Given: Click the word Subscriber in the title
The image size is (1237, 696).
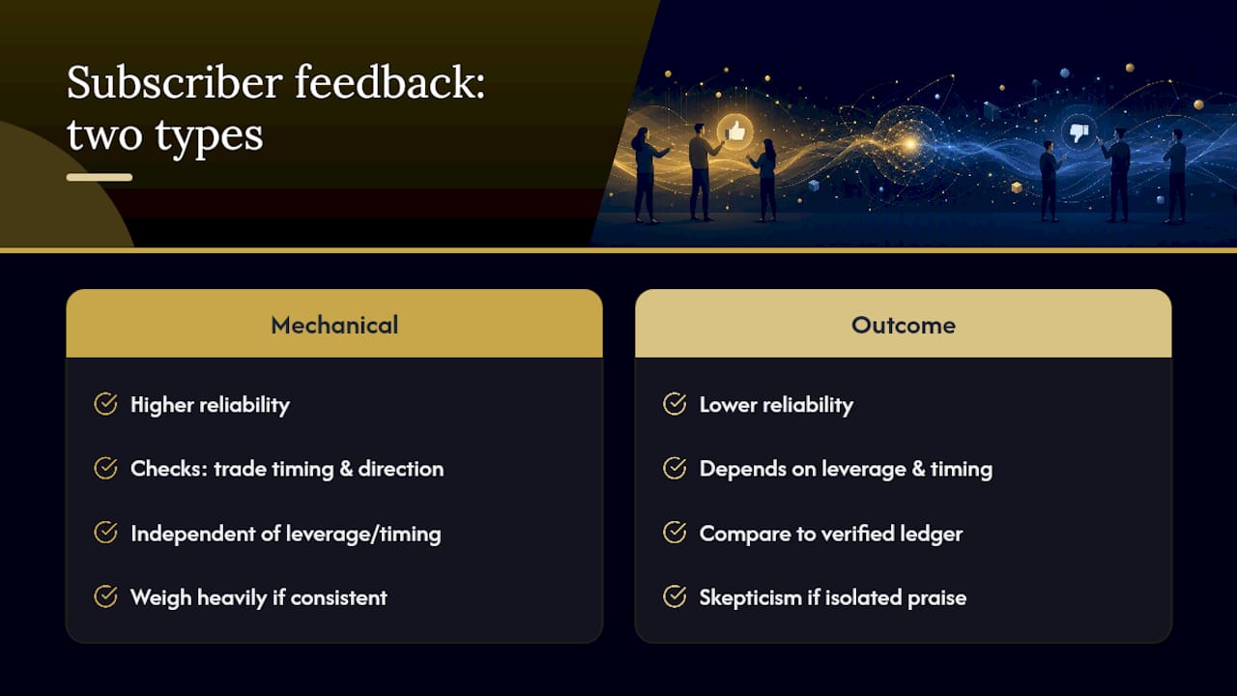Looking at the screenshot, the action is point(175,82).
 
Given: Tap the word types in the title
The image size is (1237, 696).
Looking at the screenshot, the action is point(209,136).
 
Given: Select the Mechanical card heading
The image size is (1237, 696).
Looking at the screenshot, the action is point(334,325).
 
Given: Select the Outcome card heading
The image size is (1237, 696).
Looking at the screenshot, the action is point(904,325).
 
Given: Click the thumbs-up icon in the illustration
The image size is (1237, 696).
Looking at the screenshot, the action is point(735,132).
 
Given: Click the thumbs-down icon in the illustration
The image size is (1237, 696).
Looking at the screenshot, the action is point(1079,132).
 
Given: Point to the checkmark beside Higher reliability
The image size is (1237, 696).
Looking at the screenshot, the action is point(105,404).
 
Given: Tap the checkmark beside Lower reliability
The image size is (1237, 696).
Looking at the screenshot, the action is point(675,404).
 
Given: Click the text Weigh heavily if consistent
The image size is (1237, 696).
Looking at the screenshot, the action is point(259,597).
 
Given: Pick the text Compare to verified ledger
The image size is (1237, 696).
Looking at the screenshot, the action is point(831,534).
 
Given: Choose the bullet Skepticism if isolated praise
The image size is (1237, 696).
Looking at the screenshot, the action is point(833,597).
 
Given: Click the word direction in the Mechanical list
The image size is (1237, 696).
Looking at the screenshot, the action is point(401,469).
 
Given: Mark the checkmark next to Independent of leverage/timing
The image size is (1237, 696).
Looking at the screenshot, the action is point(105,533).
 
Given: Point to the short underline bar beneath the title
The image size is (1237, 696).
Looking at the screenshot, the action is point(100,177).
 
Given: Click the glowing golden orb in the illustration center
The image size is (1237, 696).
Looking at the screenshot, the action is point(909,144).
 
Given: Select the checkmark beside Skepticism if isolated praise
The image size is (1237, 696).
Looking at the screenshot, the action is point(675,596).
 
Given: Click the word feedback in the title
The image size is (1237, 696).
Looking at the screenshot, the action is point(389,82).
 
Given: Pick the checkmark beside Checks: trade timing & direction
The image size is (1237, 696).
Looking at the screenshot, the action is point(105,468).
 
